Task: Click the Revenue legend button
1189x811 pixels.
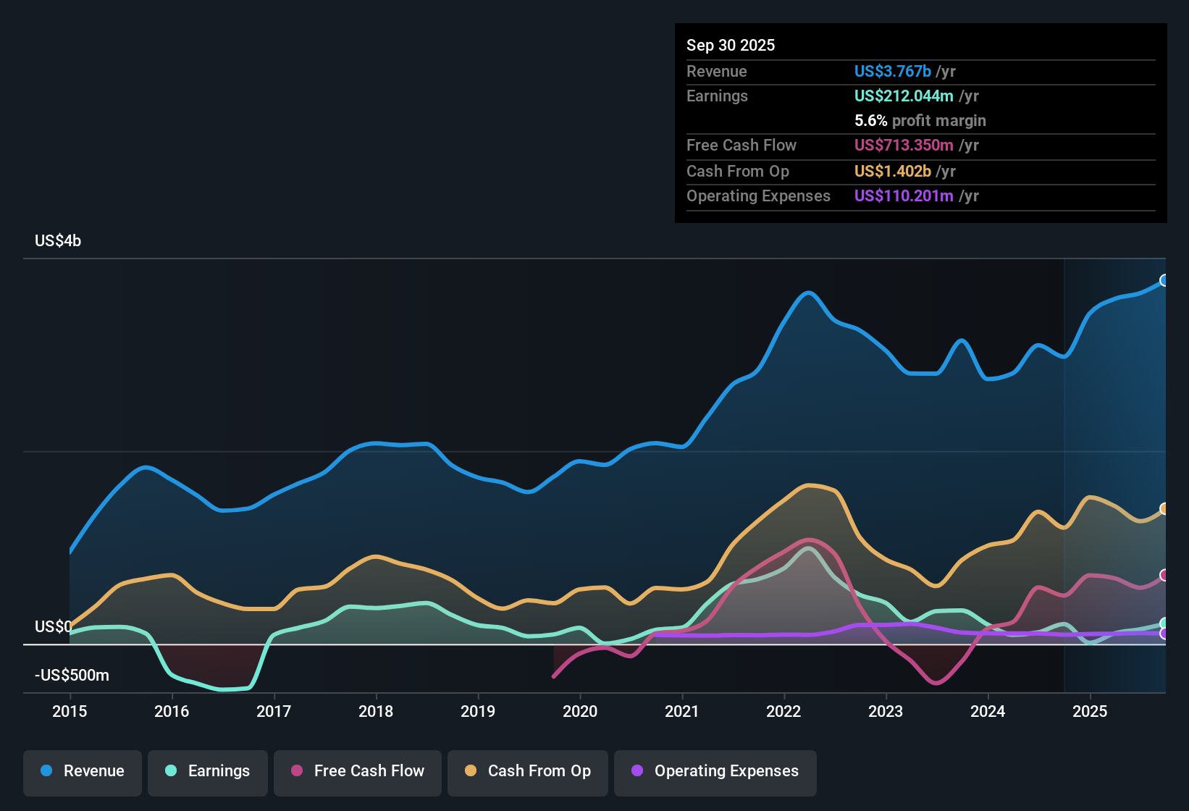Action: [83, 771]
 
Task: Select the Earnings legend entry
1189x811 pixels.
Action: [208, 771]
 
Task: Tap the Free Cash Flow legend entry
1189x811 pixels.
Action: [358, 771]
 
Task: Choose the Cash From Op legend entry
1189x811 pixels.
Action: [528, 771]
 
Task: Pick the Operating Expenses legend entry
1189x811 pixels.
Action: [715, 771]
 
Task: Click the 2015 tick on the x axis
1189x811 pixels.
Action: [70, 711]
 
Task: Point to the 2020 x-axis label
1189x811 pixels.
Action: [580, 711]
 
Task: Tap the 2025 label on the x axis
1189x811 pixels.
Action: [1090, 711]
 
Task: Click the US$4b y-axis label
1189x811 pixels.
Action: [58, 241]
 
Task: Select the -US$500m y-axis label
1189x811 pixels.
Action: [72, 676]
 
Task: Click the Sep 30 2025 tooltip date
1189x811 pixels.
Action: [731, 45]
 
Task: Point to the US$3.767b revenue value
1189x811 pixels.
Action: [892, 71]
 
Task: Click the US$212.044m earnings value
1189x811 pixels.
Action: [903, 96]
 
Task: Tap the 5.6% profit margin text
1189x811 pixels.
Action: [920, 120]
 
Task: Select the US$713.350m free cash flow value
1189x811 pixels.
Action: [903, 145]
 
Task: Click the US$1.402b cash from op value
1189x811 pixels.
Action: [892, 171]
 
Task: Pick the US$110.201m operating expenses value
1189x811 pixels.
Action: [903, 196]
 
